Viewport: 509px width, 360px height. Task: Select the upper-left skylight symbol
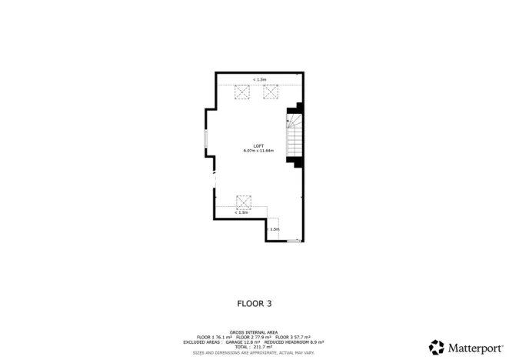click(242, 92)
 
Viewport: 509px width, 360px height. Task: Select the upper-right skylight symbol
click(271, 92)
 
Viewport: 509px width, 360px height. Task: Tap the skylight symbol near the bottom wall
click(244, 202)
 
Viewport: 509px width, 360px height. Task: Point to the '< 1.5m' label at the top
click(259, 79)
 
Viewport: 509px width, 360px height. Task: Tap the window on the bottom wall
click(294, 241)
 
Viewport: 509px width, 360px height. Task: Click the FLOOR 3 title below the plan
click(254, 303)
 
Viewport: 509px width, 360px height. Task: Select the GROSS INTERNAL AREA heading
click(254, 332)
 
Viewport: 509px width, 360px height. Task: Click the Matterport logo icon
click(437, 347)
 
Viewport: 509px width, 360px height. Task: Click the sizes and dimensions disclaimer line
click(254, 352)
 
